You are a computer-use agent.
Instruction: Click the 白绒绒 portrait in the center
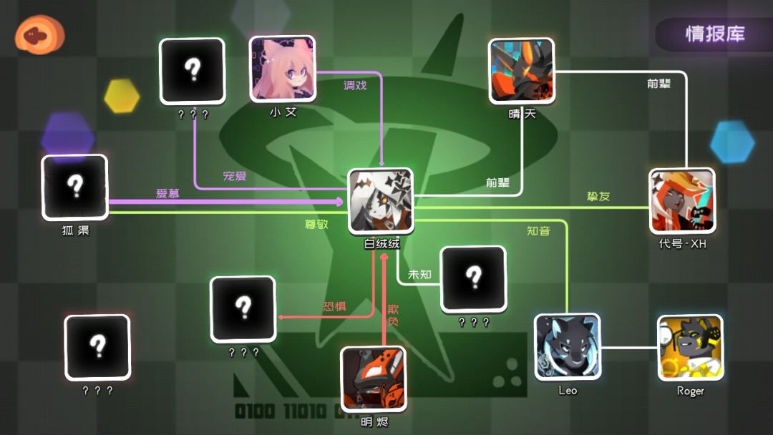click(381, 201)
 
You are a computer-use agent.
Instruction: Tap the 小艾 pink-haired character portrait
click(283, 69)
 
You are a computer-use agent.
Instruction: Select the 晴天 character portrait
click(522, 71)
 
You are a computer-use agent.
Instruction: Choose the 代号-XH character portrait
click(682, 200)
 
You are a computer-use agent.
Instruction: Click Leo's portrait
click(568, 347)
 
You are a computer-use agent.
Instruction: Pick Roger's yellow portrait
click(690, 348)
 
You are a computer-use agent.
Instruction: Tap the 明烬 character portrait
click(374, 379)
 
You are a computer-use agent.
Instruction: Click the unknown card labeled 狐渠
click(75, 187)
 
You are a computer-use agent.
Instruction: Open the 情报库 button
click(714, 34)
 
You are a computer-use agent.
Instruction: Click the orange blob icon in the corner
click(39, 34)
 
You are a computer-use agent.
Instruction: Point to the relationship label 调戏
click(355, 85)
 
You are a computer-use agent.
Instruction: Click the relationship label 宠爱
click(235, 176)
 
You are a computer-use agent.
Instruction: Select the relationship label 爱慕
click(167, 193)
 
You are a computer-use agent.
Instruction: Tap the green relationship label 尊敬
click(316, 224)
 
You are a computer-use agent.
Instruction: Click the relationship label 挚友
click(598, 196)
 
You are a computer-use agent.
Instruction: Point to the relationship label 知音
click(538, 230)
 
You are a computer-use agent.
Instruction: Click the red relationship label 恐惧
click(334, 306)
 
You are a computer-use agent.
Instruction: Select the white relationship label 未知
click(419, 274)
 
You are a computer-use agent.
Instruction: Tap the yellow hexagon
click(122, 96)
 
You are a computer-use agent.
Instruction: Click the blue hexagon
click(732, 142)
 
